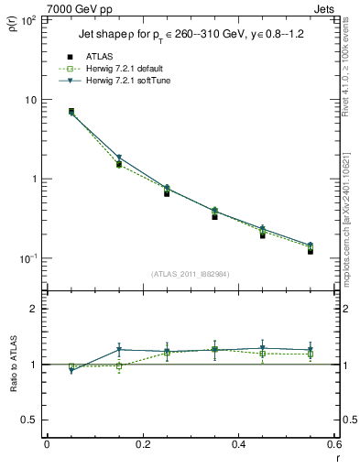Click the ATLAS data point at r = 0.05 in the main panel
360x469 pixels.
tap(71, 111)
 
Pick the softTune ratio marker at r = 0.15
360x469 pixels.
tap(119, 349)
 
